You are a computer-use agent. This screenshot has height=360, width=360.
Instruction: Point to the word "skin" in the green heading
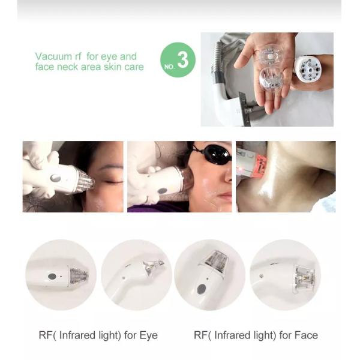[113, 67]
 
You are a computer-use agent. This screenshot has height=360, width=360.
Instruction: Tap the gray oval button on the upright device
[200, 288]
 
